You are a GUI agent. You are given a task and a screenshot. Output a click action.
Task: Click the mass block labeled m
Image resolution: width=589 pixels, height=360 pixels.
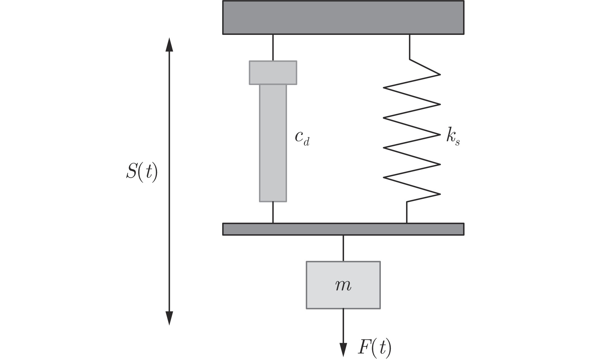(343, 285)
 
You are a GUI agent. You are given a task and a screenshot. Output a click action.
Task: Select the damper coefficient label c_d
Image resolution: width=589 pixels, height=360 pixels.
(302, 138)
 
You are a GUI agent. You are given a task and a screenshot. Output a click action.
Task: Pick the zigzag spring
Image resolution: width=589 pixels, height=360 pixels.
(411, 134)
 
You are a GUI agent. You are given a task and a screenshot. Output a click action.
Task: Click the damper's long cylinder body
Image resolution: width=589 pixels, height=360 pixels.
(273, 143)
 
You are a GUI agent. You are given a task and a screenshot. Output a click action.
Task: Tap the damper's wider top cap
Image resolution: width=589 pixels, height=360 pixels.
(273, 73)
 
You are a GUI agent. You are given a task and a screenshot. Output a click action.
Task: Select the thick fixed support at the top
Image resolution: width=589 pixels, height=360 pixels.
(343, 17)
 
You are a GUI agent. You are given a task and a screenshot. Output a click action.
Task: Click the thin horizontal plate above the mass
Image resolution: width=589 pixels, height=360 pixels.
(343, 229)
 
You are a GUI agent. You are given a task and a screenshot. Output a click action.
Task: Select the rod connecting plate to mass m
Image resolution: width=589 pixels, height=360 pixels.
(343, 248)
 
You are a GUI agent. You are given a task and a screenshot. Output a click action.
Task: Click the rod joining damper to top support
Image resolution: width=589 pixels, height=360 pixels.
(273, 47)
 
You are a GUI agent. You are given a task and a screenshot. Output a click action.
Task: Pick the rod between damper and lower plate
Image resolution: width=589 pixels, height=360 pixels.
(273, 212)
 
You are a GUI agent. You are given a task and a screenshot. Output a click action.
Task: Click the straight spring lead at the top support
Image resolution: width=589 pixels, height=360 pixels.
(409, 47)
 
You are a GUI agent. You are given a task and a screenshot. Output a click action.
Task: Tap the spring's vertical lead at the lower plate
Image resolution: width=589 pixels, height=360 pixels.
(407, 212)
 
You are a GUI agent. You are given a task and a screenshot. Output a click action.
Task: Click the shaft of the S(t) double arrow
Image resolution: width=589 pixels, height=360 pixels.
(169, 218)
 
